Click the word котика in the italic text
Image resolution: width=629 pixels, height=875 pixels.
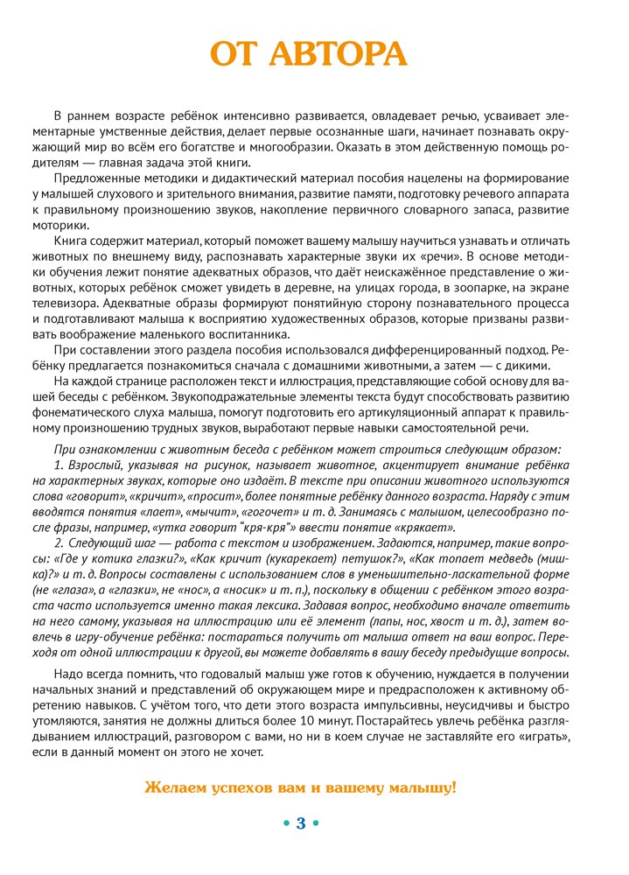coord(128,559)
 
